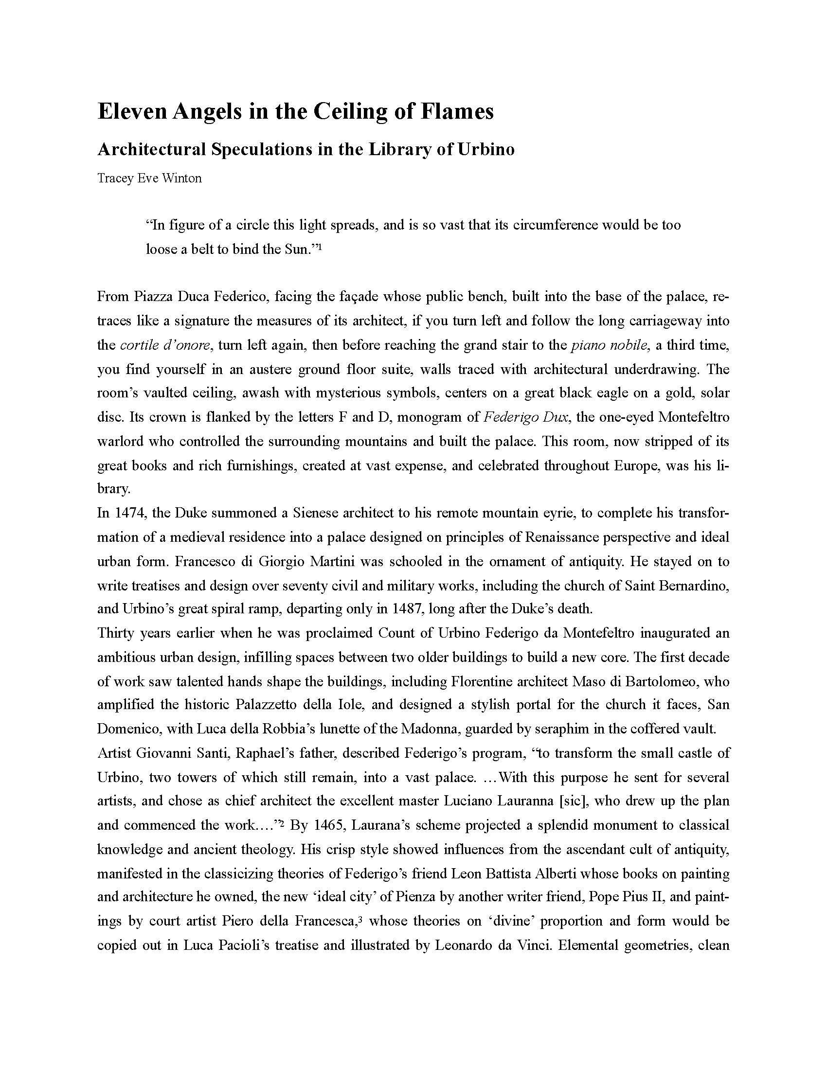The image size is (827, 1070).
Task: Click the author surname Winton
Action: click(x=183, y=178)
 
